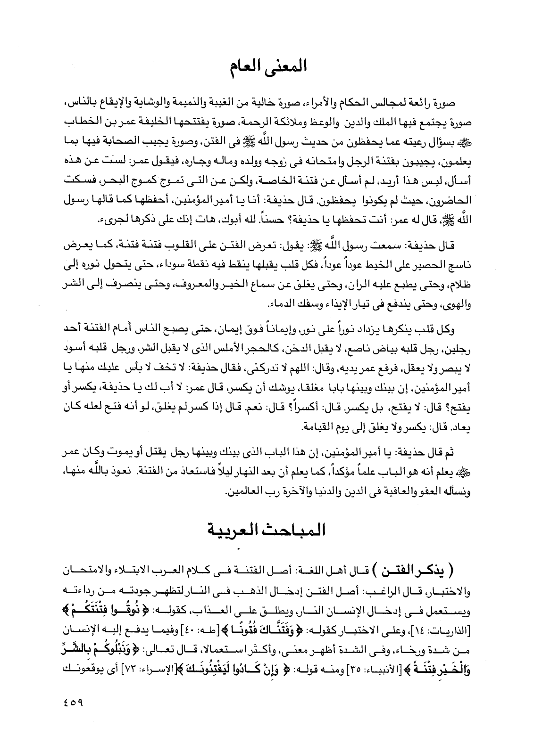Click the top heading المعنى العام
(x=267, y=66)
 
